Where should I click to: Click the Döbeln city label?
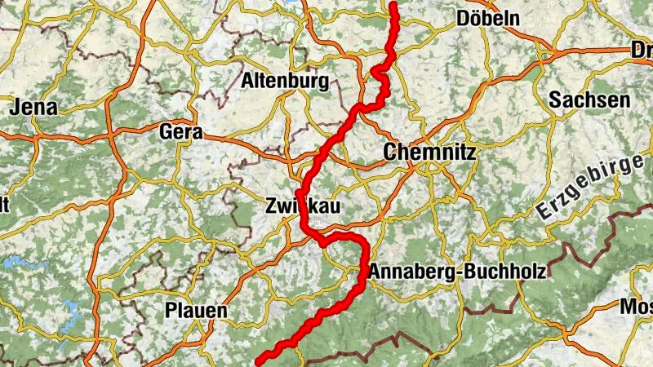(x=489, y=18)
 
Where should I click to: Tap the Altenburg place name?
(x=285, y=81)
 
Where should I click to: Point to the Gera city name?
(x=182, y=132)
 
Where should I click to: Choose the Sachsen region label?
(x=589, y=100)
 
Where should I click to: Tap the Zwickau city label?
(x=303, y=206)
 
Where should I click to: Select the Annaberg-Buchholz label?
(x=457, y=272)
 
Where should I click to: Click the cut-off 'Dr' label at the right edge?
(x=642, y=51)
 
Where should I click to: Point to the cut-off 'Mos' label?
(x=637, y=307)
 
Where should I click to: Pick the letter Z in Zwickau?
(x=272, y=206)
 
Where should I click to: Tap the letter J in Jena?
(x=15, y=107)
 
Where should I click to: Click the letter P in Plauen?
(x=171, y=311)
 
